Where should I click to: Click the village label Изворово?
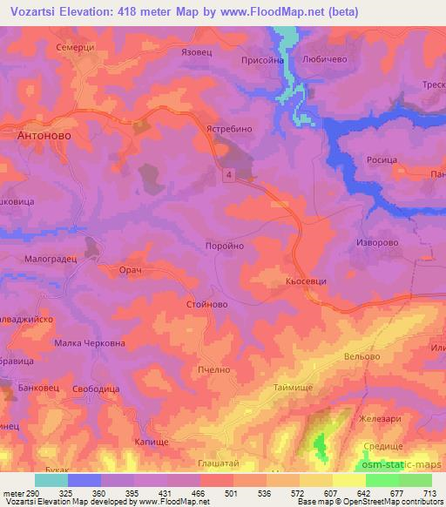[x=378, y=243]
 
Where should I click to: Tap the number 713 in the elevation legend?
[x=430, y=493]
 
